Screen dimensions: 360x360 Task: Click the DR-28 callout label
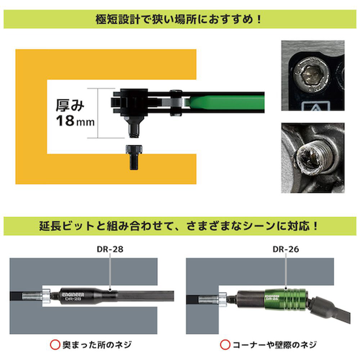coord(110,249)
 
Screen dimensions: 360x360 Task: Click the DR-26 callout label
coord(286,249)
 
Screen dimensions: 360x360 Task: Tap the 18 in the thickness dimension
coord(65,121)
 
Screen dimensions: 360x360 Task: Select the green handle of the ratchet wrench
coord(226,103)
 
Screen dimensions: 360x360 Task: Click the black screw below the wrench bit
coord(134,157)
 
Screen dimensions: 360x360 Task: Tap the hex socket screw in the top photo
coord(311,76)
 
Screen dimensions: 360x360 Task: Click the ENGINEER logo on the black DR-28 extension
coord(73,294)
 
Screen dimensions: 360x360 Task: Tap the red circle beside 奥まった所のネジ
coord(55,345)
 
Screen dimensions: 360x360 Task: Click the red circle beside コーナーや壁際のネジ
coord(225,345)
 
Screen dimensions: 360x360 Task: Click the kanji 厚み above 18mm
coord(70,105)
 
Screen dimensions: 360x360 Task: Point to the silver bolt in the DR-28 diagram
coord(36,297)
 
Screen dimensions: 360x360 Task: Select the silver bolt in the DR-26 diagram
coord(213,300)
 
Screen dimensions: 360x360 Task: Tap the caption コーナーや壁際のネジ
coord(275,345)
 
